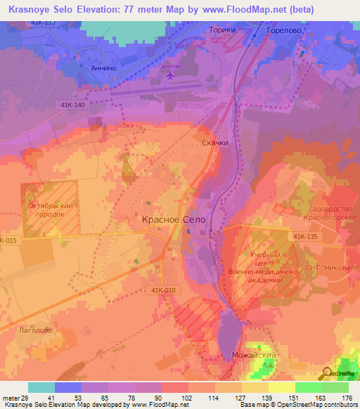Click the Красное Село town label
point(174,220)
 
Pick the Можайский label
point(254,356)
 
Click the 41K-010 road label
point(162,290)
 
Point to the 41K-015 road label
point(8,240)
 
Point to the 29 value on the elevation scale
point(29,397)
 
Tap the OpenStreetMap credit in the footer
point(320,405)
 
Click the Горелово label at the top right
point(284,31)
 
